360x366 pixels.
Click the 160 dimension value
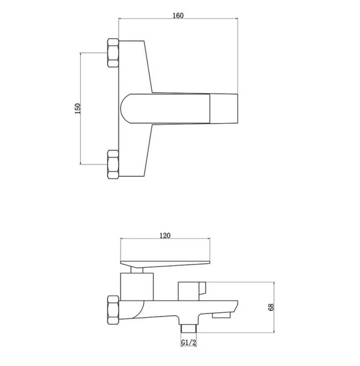pyautogui.click(x=178, y=15)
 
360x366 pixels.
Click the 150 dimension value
pyautogui.click(x=78, y=109)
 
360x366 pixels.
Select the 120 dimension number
pyautogui.click(x=165, y=236)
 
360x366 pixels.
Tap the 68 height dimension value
pyautogui.click(x=271, y=307)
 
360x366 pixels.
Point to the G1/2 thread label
pyautogui.click(x=189, y=343)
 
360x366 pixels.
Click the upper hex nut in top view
pyautogui.click(x=113, y=53)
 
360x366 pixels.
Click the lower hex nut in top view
pyautogui.click(x=113, y=164)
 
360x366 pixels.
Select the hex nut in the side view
pyautogui.click(x=114, y=310)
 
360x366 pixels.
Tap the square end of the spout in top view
pyautogui.click(x=224, y=109)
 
